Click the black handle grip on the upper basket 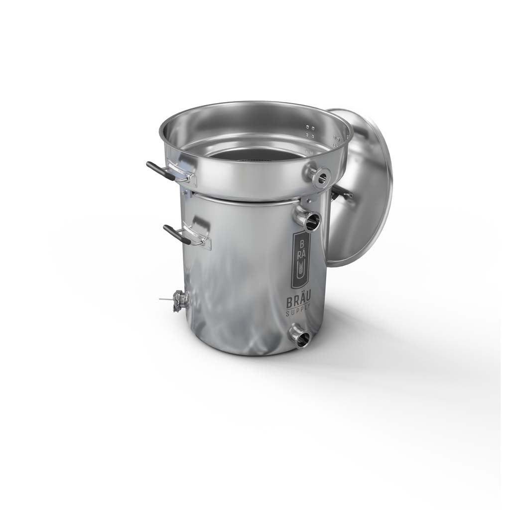click(158, 170)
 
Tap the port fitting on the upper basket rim click(319, 175)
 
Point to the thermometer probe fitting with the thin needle click(180, 300)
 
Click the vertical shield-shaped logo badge click(300, 260)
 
